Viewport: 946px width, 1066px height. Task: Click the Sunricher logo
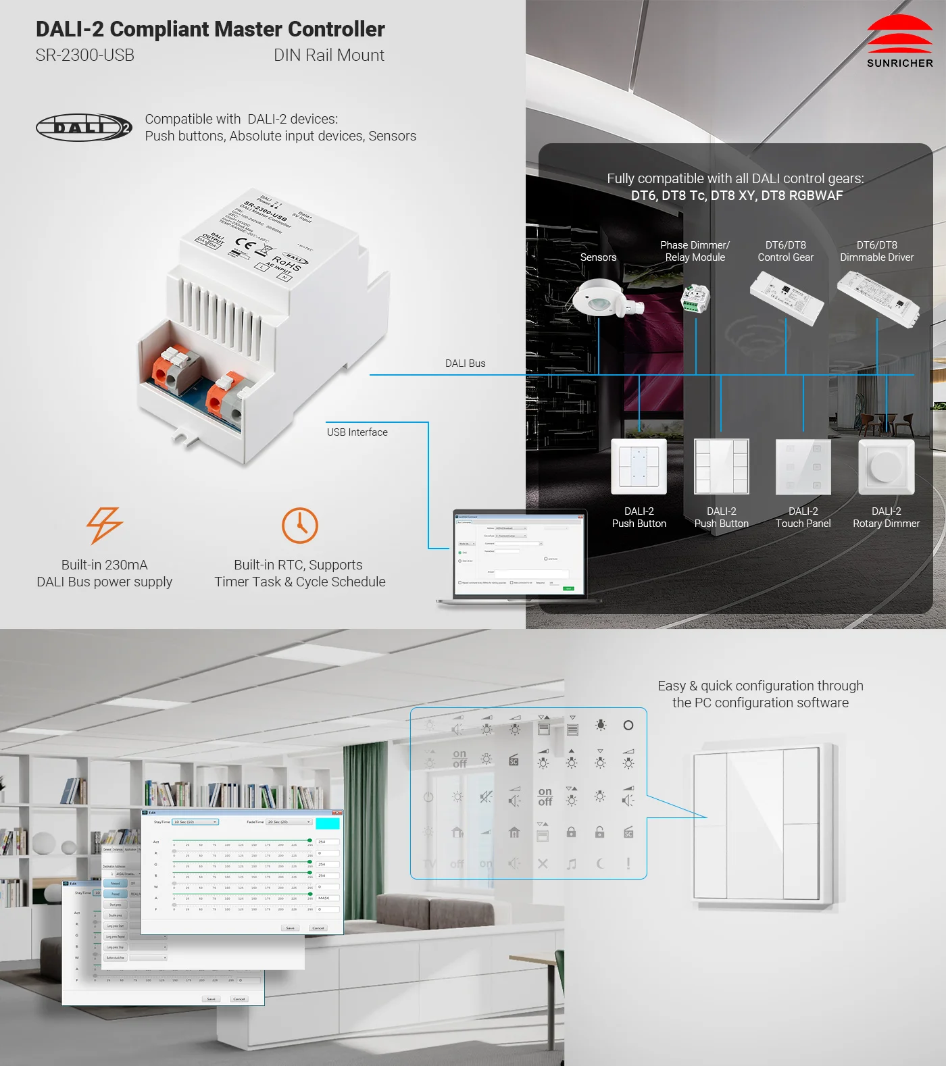click(899, 42)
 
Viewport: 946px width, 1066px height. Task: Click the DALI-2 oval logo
click(84, 127)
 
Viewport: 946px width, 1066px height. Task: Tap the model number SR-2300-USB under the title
click(85, 55)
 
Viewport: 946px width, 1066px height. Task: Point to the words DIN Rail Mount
click(328, 55)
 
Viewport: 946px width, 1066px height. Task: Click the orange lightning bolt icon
click(104, 525)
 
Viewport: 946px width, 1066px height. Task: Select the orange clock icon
click(299, 525)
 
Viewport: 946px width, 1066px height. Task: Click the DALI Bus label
click(465, 363)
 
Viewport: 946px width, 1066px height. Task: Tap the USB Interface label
click(357, 432)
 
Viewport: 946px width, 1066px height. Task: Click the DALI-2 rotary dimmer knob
click(885, 466)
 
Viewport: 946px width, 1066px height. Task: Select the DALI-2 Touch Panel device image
click(803, 467)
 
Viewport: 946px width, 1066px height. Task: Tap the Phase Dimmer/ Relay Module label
click(695, 251)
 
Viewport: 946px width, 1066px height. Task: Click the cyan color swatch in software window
click(328, 823)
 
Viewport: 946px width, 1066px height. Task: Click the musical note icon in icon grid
click(572, 864)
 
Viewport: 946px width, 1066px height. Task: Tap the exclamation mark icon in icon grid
click(628, 863)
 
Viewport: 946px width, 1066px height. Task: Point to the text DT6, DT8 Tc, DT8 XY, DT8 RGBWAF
click(737, 196)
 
